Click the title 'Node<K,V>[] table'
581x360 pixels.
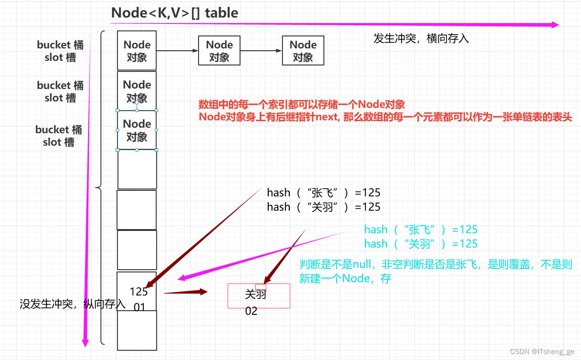175,12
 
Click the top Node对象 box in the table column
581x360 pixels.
137,51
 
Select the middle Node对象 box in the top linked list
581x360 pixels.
219,51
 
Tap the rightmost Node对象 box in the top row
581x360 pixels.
303,51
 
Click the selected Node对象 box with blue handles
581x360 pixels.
137,130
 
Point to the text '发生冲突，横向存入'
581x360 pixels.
421,39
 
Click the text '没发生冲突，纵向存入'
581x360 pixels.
72,304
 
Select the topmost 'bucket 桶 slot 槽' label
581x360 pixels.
60,51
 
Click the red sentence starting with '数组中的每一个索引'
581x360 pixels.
302,104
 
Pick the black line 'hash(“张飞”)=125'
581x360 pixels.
323,192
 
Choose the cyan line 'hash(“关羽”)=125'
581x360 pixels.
421,244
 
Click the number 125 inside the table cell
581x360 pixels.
139,291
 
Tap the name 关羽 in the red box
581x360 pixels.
256,294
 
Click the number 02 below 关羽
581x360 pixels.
251,311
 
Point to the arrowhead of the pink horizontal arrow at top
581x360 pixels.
555,25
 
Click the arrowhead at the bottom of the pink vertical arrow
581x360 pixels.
85,342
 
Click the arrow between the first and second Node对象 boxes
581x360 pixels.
177,51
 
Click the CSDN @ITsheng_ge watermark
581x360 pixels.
542,352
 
